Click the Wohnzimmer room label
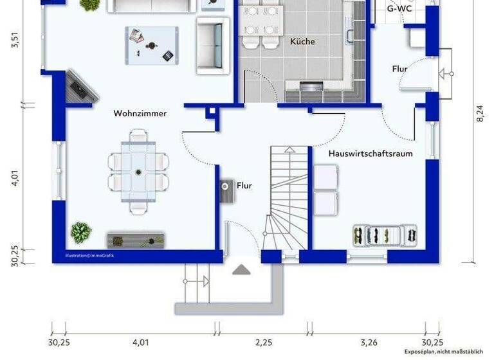(140, 113)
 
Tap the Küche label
(302, 41)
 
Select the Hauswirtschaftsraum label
(370, 154)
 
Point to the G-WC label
(399, 9)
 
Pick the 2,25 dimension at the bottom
(264, 342)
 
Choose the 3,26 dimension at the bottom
(369, 342)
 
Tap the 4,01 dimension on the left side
(15, 179)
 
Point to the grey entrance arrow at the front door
(242, 269)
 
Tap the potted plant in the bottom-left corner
(81, 232)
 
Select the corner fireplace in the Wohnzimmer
(81, 89)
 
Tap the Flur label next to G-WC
(399, 69)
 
